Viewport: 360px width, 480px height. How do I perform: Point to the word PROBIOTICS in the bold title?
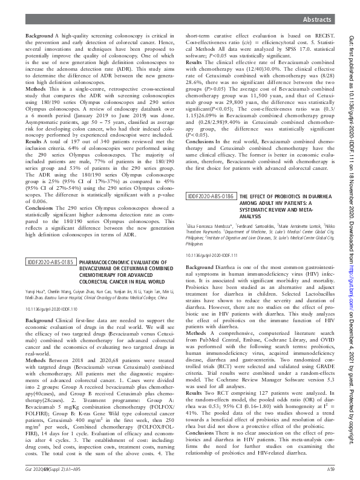point(275,196)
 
